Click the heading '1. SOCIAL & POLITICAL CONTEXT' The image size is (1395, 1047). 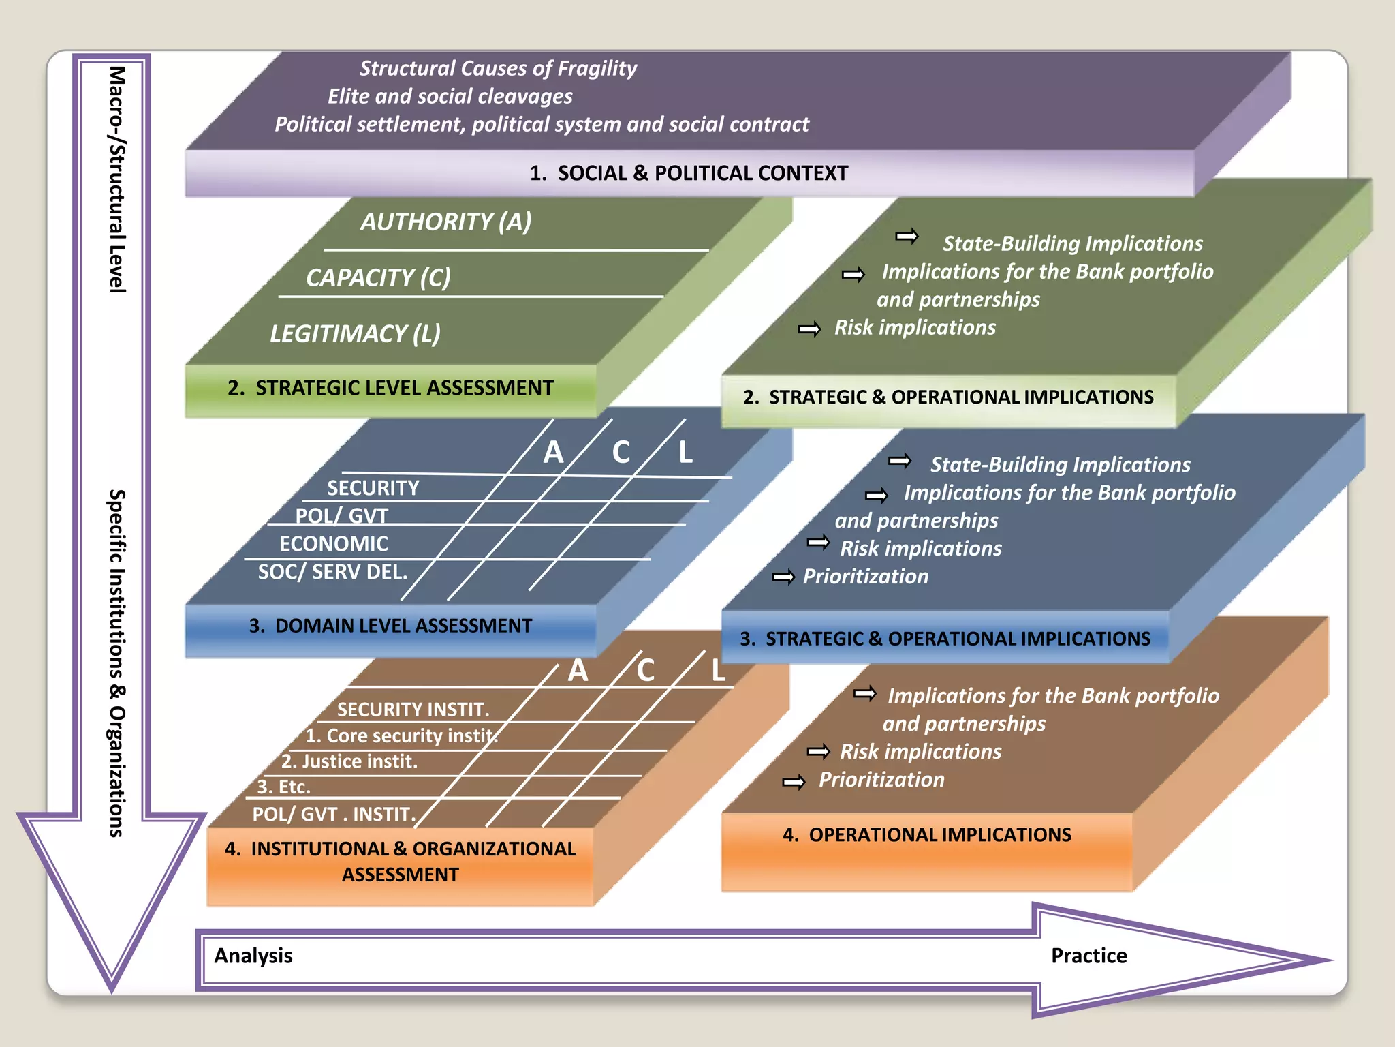[x=689, y=173]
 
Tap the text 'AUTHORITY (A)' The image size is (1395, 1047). [x=445, y=222]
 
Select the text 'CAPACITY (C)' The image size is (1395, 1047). [x=378, y=277]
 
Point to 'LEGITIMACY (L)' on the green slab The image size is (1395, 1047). [x=355, y=333]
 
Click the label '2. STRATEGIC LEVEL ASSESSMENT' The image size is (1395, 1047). [x=390, y=388]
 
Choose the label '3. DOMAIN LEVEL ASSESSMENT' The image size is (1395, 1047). [x=390, y=626]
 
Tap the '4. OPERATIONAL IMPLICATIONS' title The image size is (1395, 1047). [x=926, y=835]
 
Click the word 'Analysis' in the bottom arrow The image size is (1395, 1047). [x=253, y=956]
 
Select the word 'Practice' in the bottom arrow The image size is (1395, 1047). [x=1088, y=956]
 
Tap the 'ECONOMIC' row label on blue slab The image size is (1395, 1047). [x=334, y=544]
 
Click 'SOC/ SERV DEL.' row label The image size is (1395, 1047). [x=332, y=572]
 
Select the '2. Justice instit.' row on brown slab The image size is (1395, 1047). [x=349, y=761]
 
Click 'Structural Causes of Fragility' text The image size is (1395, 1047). [x=498, y=68]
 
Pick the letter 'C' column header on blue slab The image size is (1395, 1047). [x=621, y=453]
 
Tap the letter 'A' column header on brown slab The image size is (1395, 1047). [x=578, y=671]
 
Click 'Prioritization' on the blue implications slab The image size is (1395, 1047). [x=865, y=577]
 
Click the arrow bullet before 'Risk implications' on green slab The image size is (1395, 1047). [x=809, y=330]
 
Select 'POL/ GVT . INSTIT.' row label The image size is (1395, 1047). [x=334, y=815]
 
